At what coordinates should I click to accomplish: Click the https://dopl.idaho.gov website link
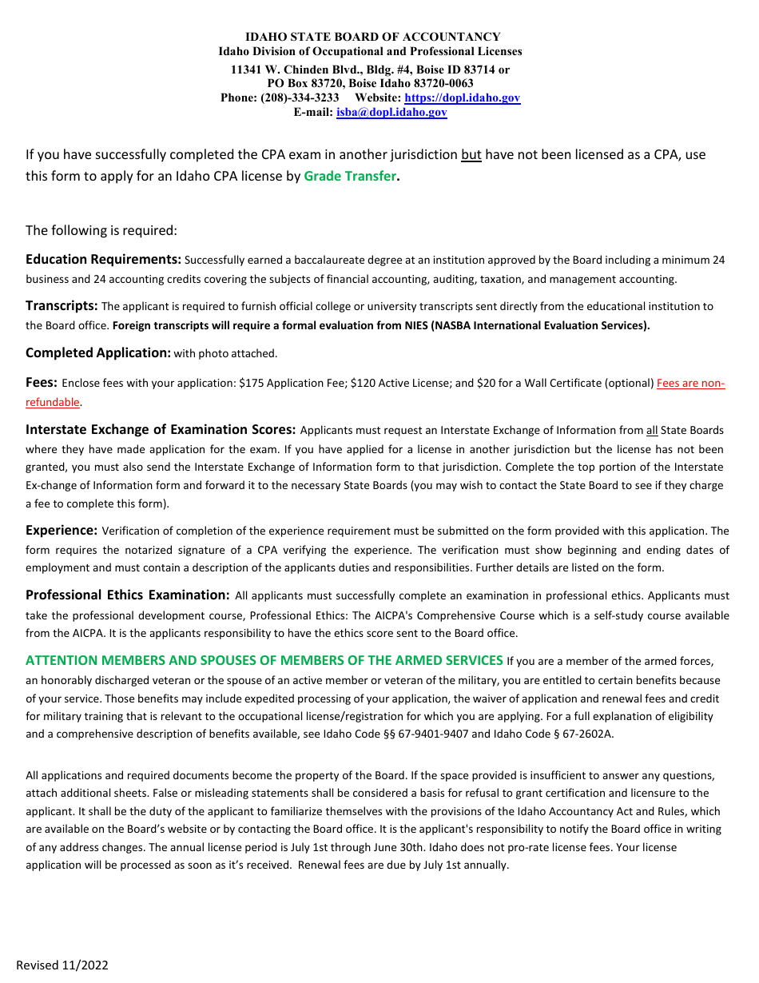pyautogui.click(x=462, y=98)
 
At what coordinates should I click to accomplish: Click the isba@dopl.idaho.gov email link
pyautogui.click(x=391, y=113)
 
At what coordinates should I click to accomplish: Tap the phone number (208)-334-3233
pyautogui.click(x=294, y=98)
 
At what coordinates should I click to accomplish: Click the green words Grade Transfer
pyautogui.click(x=350, y=177)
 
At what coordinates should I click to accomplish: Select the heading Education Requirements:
pyautogui.click(x=104, y=260)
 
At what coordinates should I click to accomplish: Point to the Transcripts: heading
pyautogui.click(x=62, y=306)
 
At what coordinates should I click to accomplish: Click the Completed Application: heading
pyautogui.click(x=98, y=353)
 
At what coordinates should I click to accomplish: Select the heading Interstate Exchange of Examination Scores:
pyautogui.click(x=161, y=430)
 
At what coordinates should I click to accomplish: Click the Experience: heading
pyautogui.click(x=62, y=530)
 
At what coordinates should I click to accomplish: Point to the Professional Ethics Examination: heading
pyautogui.click(x=128, y=595)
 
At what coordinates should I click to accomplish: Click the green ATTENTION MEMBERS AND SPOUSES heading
pyautogui.click(x=264, y=660)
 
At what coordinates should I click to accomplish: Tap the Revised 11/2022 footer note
pyautogui.click(x=62, y=965)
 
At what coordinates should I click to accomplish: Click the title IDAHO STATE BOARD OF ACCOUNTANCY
pyautogui.click(x=372, y=37)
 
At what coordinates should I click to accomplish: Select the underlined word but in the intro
pyautogui.click(x=471, y=155)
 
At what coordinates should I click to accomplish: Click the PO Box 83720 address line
pyautogui.click(x=370, y=83)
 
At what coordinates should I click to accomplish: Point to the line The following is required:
pyautogui.click(x=101, y=231)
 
